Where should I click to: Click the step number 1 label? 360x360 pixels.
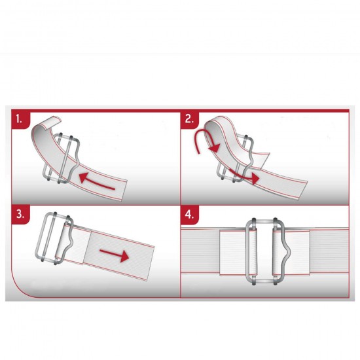19,119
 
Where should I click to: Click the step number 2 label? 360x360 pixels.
189,119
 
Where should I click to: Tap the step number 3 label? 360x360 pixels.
20,214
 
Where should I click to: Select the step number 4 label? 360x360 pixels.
189,215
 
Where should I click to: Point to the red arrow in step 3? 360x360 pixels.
114,255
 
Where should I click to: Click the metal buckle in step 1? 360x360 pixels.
62,158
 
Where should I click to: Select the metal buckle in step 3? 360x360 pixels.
54,238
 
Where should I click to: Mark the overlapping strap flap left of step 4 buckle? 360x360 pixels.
232,253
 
